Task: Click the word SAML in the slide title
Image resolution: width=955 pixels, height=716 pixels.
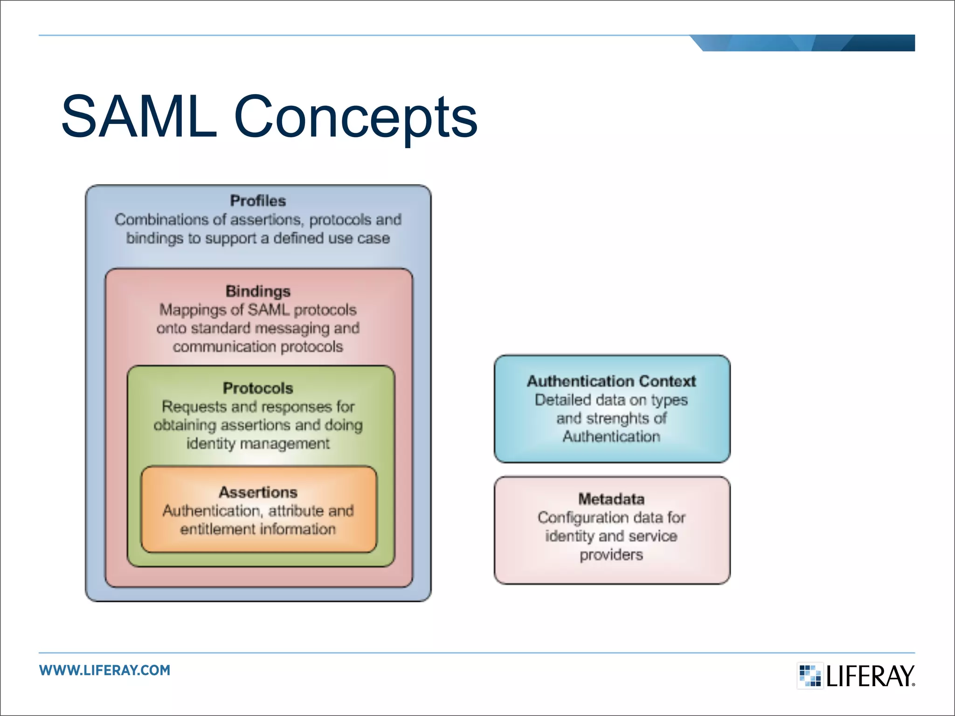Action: (x=139, y=117)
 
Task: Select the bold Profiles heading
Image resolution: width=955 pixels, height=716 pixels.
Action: (x=258, y=201)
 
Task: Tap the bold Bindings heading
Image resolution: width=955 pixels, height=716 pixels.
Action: (x=258, y=291)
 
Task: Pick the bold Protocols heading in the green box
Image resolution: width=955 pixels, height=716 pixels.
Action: (x=258, y=388)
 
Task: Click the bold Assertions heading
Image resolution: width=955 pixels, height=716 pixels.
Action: (x=258, y=492)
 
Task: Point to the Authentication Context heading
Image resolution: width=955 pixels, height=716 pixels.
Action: (x=611, y=381)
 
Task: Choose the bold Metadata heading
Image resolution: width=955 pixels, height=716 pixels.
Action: (x=611, y=499)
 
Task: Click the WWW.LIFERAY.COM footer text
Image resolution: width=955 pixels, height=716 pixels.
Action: (x=105, y=670)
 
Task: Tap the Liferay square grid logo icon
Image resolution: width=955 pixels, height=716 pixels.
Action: (x=810, y=675)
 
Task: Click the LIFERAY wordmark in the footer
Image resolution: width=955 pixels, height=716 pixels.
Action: (x=870, y=676)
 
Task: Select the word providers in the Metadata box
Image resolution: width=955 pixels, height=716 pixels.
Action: (x=611, y=555)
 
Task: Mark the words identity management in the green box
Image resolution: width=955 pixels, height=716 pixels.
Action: (x=258, y=443)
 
